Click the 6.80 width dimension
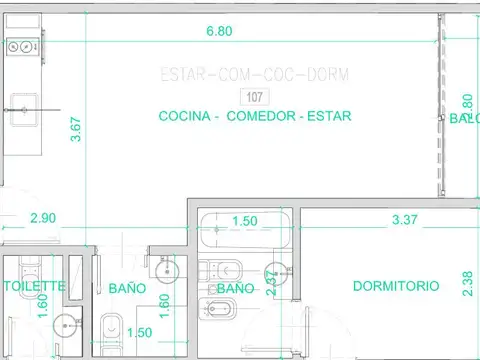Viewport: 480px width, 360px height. pyautogui.click(x=219, y=31)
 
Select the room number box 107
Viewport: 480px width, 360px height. pyautogui.click(x=255, y=96)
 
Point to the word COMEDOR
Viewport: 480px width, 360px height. pyautogui.click(x=262, y=116)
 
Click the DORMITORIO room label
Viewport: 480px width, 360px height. pyautogui.click(x=396, y=286)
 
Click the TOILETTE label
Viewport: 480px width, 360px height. pyautogui.click(x=34, y=286)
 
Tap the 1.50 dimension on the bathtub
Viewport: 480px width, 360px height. pyautogui.click(x=245, y=221)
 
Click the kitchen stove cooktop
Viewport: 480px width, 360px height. pyautogui.click(x=19, y=46)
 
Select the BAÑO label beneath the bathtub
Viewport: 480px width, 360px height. pyautogui.click(x=236, y=288)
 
